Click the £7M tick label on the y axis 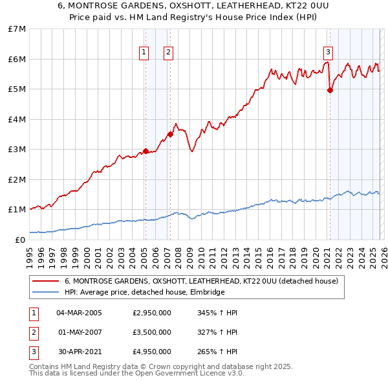(17, 29)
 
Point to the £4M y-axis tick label (17, 119)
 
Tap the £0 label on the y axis (21, 240)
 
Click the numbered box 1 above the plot (144, 52)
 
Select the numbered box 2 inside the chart (168, 52)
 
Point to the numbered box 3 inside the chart (328, 52)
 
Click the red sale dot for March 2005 (145, 151)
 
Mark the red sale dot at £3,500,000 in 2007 (170, 134)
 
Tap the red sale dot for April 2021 (330, 91)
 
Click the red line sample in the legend (47, 282)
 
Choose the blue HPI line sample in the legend (47, 292)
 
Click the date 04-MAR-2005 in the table (79, 313)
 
